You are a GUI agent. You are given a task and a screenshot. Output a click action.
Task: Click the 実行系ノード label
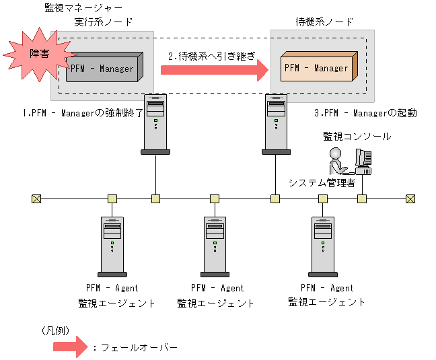point(103,22)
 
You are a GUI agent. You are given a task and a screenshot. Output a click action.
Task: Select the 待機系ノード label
point(324,22)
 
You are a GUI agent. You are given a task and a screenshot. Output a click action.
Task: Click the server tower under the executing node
point(155,124)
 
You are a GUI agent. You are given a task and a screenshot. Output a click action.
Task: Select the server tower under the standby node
point(275,124)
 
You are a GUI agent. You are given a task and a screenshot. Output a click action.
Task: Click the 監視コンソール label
point(357,137)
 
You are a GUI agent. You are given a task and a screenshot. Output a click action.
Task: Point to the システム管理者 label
point(322,183)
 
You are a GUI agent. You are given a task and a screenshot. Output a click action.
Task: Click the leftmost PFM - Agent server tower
point(112,246)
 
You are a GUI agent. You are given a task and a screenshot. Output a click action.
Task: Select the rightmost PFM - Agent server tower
point(322,246)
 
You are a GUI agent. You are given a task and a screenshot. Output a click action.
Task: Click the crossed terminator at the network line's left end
point(36,199)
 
